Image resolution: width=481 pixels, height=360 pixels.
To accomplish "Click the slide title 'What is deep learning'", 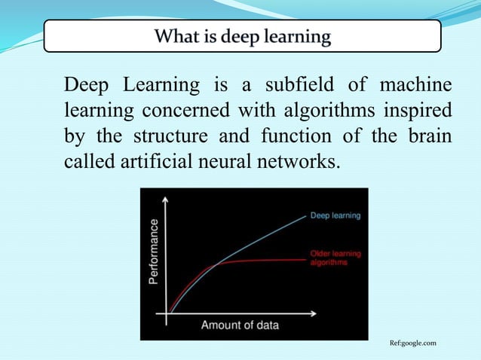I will (242, 36).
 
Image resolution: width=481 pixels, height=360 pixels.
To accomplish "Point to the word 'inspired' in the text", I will (417, 110).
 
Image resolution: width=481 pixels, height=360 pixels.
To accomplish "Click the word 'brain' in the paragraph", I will (430, 136).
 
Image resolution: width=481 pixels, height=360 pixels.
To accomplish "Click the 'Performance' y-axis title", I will (155, 251).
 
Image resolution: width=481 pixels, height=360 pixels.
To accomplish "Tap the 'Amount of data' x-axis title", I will (240, 325).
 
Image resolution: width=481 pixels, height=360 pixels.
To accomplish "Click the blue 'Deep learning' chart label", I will (335, 215).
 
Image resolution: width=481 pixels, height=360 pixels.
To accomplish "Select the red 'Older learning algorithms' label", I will (335, 258).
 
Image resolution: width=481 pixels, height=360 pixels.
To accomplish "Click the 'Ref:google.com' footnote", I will (412, 343).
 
